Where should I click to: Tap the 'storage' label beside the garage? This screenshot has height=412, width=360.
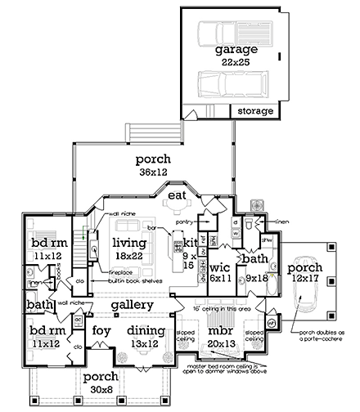254,110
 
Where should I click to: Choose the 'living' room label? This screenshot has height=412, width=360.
129,243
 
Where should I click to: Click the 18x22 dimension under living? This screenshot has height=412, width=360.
129,256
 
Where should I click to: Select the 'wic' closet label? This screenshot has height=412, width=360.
219,266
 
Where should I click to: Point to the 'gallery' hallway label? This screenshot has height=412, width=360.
133,304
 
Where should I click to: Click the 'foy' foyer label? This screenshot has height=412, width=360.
101,331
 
